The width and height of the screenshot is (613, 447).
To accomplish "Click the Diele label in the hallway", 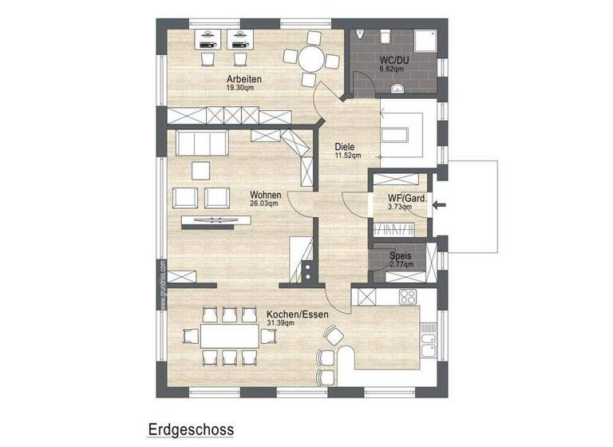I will click(x=345, y=146).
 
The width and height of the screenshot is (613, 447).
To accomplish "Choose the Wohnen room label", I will click(x=264, y=195).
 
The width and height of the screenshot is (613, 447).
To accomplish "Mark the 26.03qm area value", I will click(x=264, y=204).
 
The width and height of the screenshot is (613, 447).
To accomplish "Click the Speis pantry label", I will click(x=400, y=256).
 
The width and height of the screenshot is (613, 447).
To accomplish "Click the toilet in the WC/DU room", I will click(x=385, y=35).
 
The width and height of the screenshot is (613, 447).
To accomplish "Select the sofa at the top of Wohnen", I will click(x=203, y=144).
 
